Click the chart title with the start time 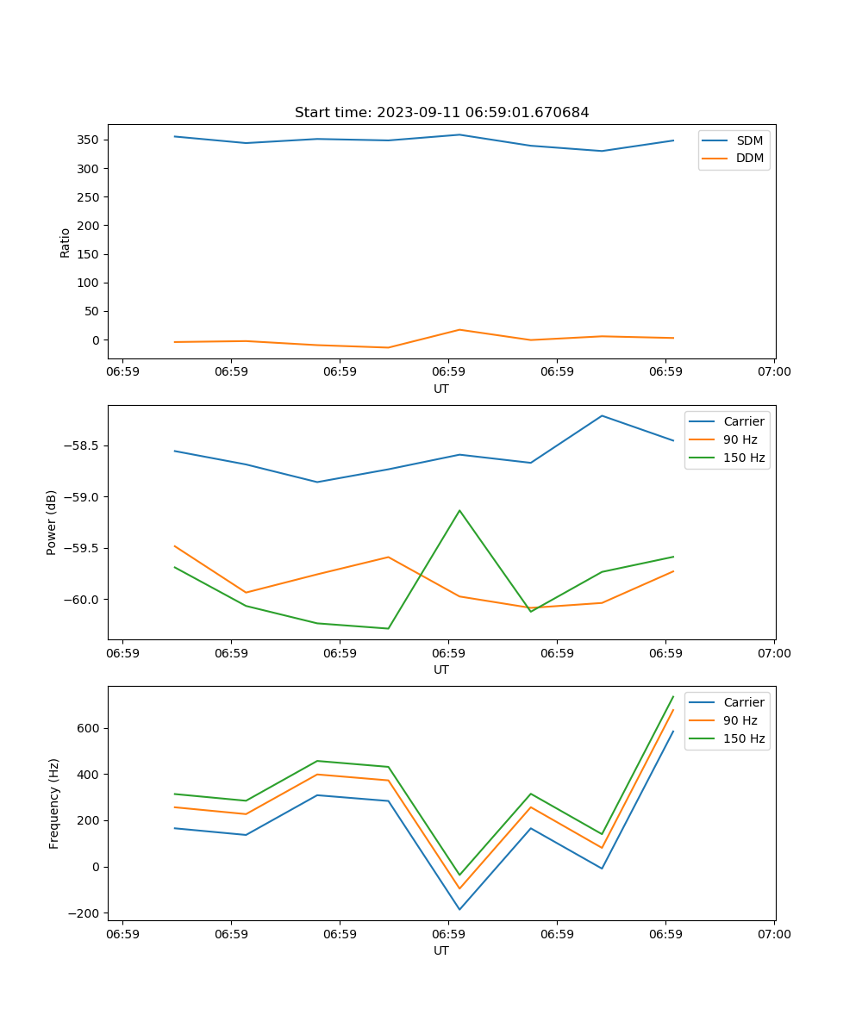click(441, 113)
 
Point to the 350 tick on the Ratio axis click(90, 140)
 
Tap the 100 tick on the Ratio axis click(90, 283)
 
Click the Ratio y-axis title click(66, 242)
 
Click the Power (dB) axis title click(52, 522)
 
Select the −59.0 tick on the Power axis click(83, 497)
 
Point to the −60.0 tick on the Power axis click(83, 600)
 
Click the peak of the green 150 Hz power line click(459, 510)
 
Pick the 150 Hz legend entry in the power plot click(744, 458)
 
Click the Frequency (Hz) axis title click(54, 803)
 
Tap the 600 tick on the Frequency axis click(90, 728)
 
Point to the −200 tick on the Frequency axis click(84, 913)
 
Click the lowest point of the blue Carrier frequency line click(459, 909)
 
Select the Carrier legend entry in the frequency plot click(743, 702)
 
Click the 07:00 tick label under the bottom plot click(774, 934)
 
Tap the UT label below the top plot click(441, 389)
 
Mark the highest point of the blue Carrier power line click(602, 415)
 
